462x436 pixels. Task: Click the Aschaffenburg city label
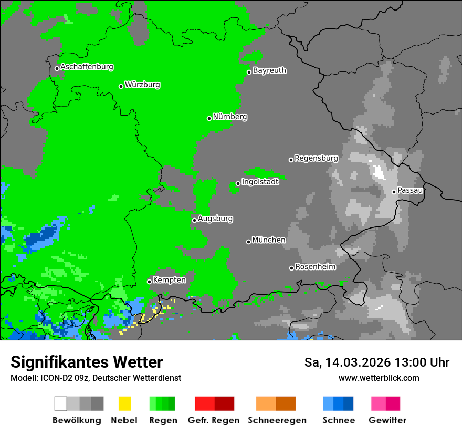87,67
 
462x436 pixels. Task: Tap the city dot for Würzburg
121,86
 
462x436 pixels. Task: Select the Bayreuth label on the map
269,70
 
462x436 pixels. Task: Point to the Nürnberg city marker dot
209,118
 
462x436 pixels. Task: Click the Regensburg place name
316,158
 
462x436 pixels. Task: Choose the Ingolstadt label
260,182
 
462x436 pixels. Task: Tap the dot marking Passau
394,192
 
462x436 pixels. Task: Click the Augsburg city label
215,219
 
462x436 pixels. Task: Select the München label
269,240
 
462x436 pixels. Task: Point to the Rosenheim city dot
291,268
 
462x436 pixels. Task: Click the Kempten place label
170,280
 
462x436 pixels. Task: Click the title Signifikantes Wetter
87,362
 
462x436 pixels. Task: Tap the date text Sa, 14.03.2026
346,362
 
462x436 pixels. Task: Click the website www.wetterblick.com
379,378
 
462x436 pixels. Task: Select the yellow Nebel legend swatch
124,403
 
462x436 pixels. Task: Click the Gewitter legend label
387,420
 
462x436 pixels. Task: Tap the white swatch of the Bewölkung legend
61,403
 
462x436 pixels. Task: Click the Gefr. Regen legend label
214,420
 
